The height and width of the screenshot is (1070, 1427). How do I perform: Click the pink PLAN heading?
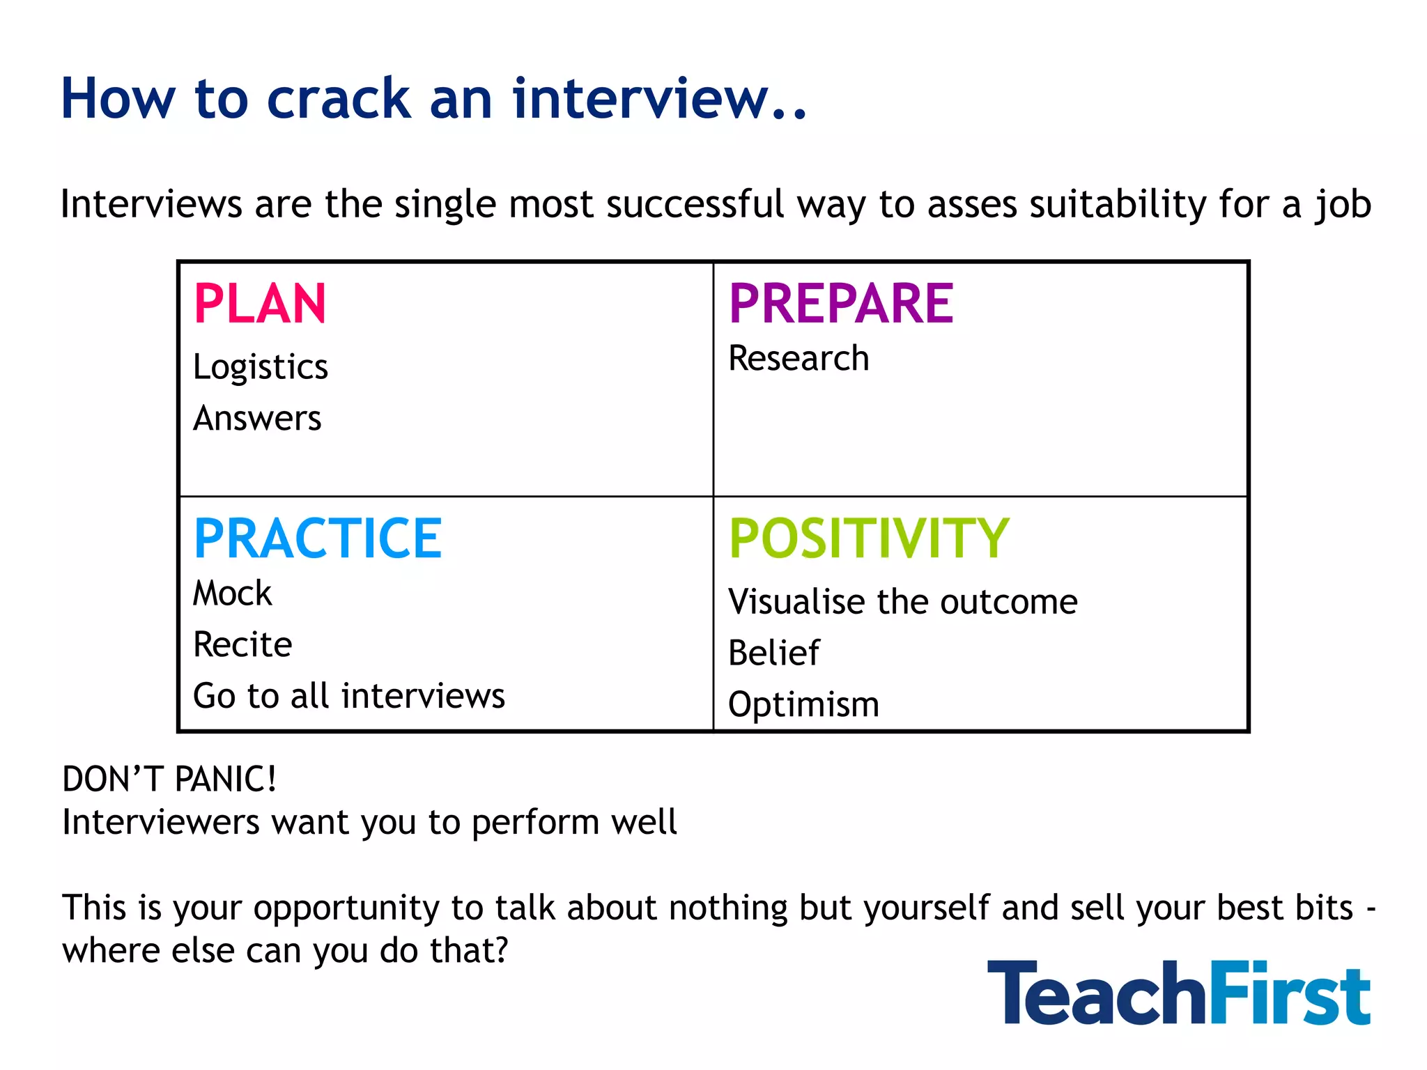click(260, 304)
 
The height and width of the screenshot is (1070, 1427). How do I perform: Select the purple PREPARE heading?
click(841, 304)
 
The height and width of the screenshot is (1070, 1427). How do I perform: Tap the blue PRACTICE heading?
click(318, 538)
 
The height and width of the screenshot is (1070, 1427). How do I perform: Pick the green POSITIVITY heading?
click(869, 538)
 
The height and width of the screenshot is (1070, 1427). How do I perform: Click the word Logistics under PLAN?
click(261, 367)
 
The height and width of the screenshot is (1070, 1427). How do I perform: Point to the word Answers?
click(257, 419)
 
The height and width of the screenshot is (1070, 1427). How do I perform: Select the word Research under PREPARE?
click(799, 359)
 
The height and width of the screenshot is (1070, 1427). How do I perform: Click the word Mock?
click(232, 594)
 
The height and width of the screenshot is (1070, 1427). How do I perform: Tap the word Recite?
click(242, 644)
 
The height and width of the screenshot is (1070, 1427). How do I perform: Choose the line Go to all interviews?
click(348, 696)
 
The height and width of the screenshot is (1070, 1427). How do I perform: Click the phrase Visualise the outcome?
click(902, 602)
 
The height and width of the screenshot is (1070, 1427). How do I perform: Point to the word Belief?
click(773, 653)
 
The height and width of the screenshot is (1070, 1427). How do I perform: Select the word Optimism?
click(803, 704)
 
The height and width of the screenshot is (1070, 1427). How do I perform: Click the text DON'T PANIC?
click(169, 779)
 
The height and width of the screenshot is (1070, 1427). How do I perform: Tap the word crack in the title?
click(339, 99)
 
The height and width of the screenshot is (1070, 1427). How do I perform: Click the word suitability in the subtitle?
click(1118, 204)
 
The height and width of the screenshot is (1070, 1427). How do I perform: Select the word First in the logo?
click(1289, 993)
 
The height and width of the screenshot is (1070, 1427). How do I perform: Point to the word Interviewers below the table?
click(160, 822)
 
